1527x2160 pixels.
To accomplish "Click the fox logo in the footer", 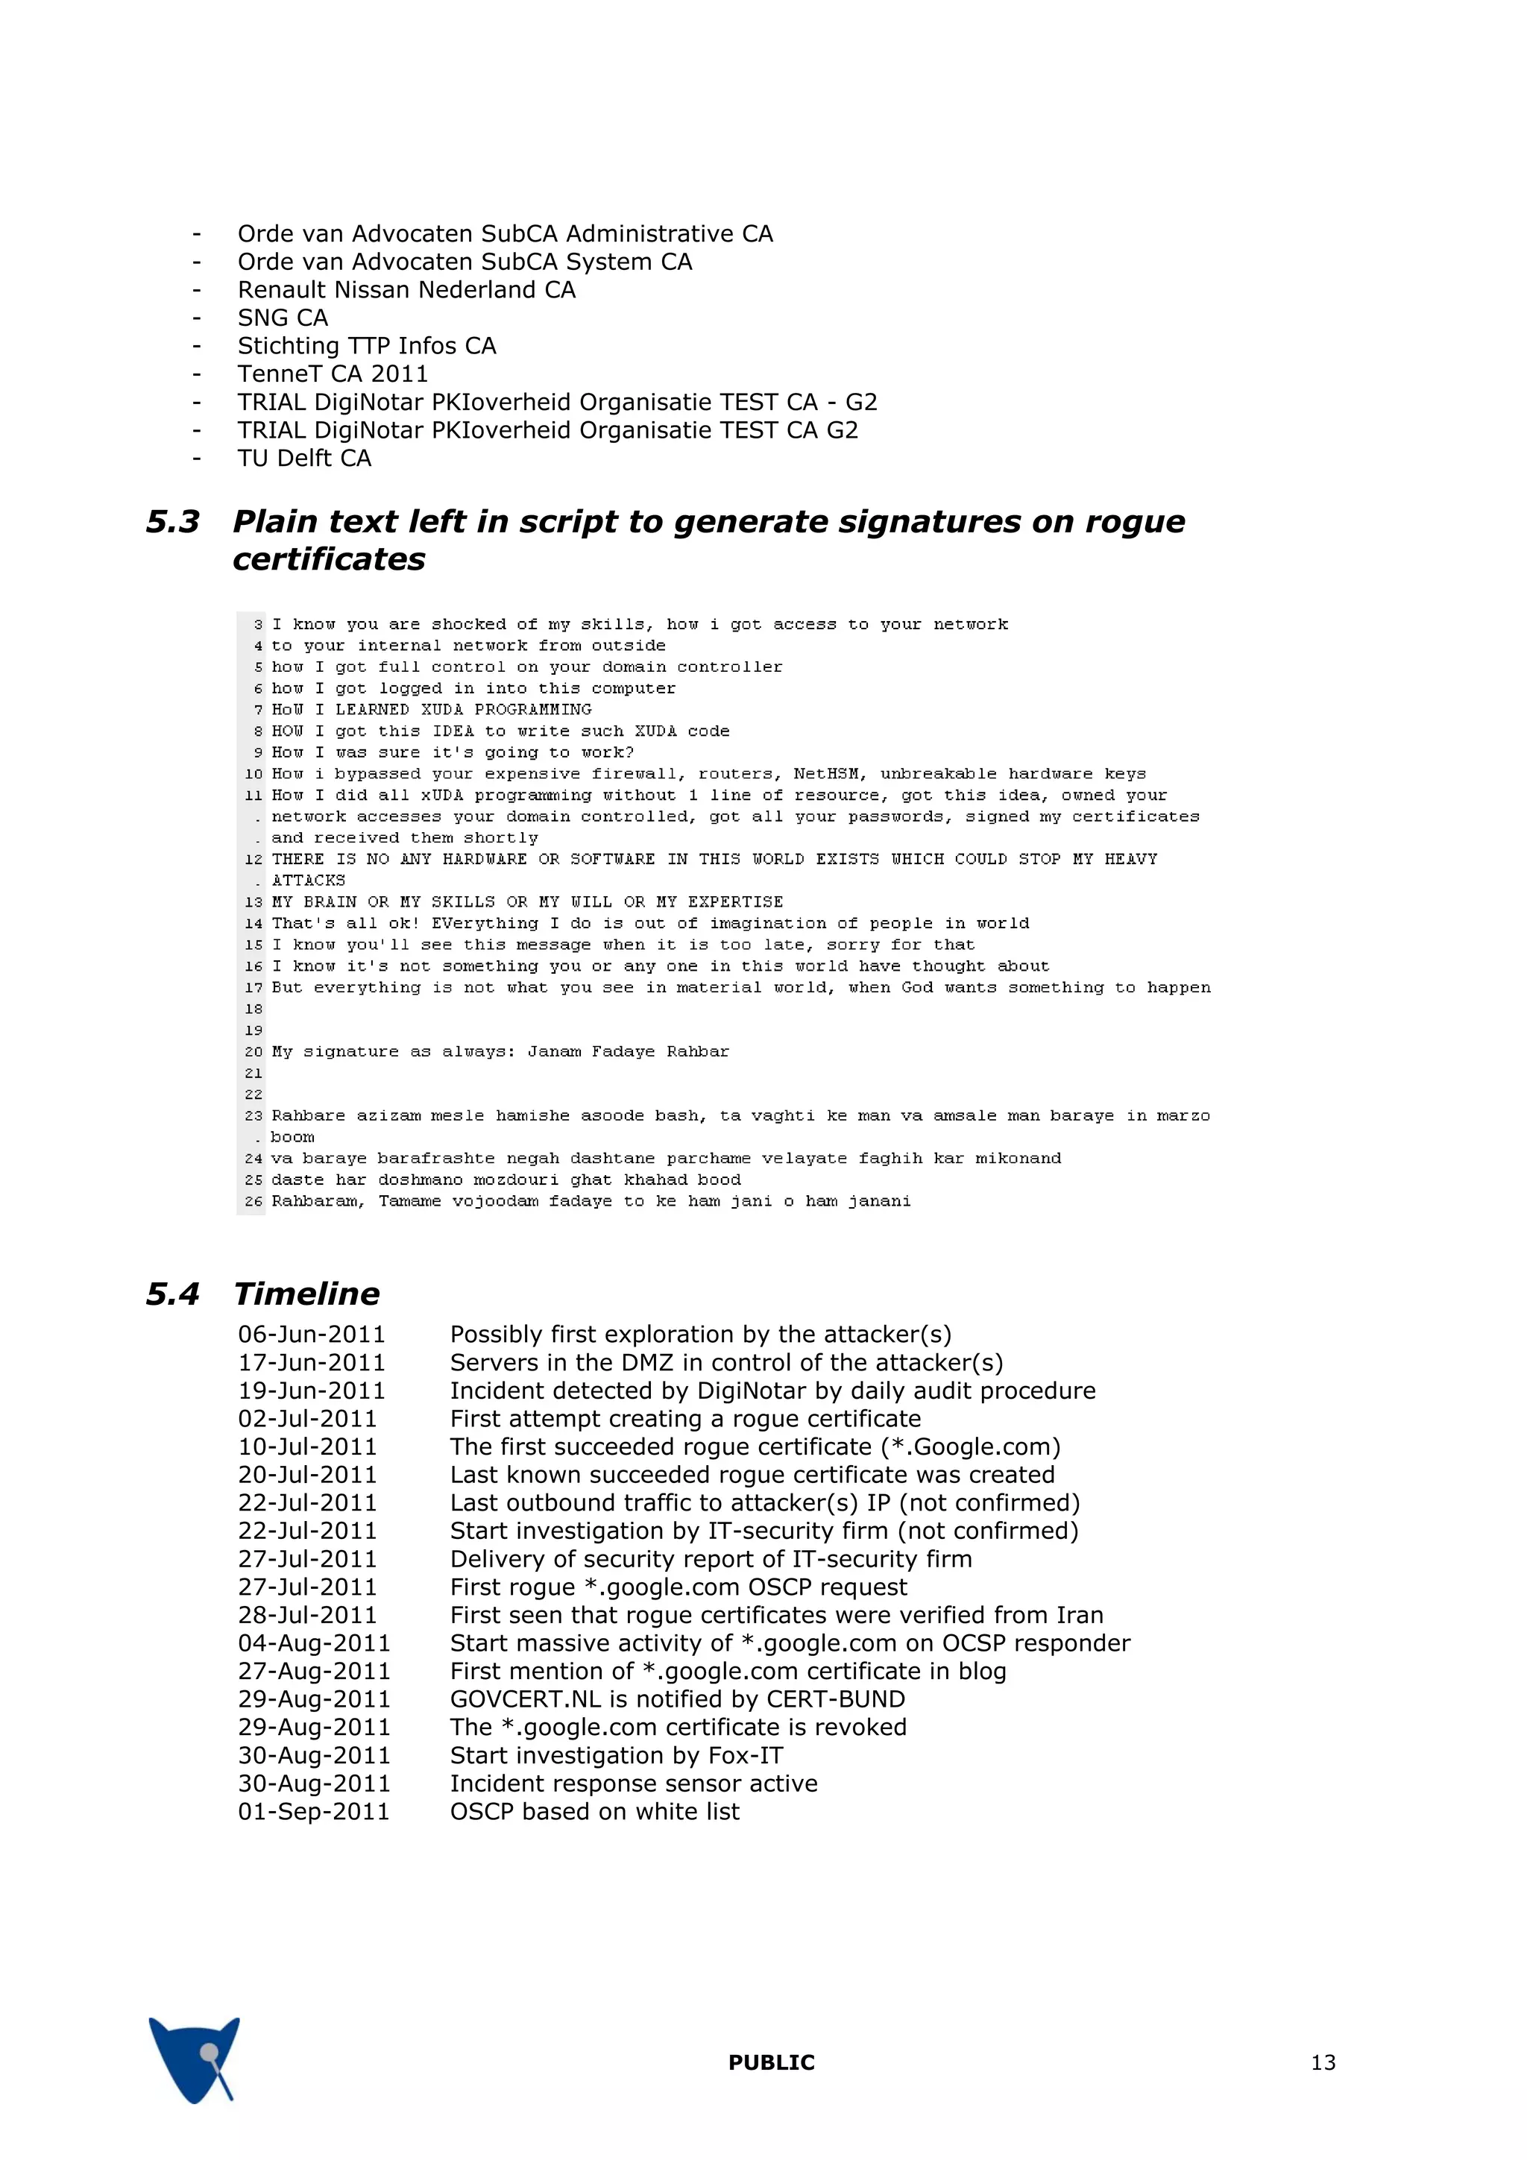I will (195, 2059).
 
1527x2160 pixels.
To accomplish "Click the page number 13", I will (1322, 2062).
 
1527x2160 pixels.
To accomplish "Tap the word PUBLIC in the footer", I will (770, 2062).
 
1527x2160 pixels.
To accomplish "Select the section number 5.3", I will (173, 521).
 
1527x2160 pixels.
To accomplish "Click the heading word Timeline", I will (306, 1294).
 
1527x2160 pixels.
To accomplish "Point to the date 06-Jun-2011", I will (312, 1334).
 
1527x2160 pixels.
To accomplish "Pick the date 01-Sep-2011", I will (313, 1811).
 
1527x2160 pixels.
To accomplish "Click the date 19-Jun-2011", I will (312, 1391).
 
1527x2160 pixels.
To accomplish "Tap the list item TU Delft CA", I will (304, 458).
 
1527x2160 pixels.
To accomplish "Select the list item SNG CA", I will (283, 318).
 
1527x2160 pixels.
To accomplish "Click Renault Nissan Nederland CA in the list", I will (406, 290).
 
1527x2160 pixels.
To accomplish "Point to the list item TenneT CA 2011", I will (332, 374).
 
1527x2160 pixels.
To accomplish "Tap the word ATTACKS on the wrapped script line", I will (309, 881).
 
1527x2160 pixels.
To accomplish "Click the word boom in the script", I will (292, 1137).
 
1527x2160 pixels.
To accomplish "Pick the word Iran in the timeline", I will (1079, 1615).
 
